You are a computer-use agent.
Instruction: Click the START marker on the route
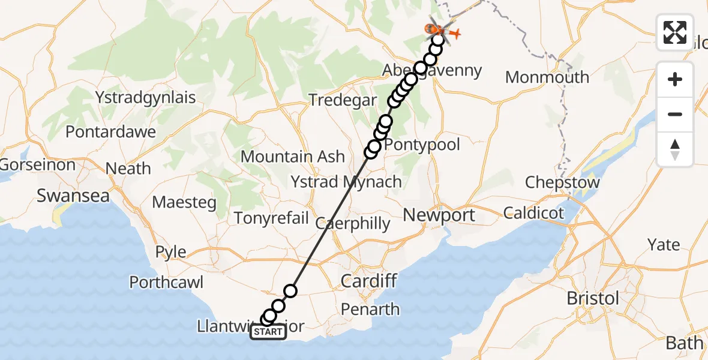coord(268,332)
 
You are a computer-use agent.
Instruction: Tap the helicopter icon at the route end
coord(437,29)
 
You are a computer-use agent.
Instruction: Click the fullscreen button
coord(675,32)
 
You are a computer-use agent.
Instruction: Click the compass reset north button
coord(675,149)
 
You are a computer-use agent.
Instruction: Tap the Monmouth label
coord(547,77)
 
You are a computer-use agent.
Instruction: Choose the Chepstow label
coord(562,182)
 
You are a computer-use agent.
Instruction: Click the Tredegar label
coord(343,100)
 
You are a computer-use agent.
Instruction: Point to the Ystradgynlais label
coord(146,97)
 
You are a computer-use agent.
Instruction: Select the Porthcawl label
coord(167,282)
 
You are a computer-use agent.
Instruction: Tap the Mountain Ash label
coord(293,157)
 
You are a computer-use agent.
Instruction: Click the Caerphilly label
coord(353,224)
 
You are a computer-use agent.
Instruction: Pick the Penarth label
coord(371,309)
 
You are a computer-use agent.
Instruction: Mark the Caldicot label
coord(534,212)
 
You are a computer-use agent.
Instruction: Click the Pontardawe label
coord(111,131)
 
